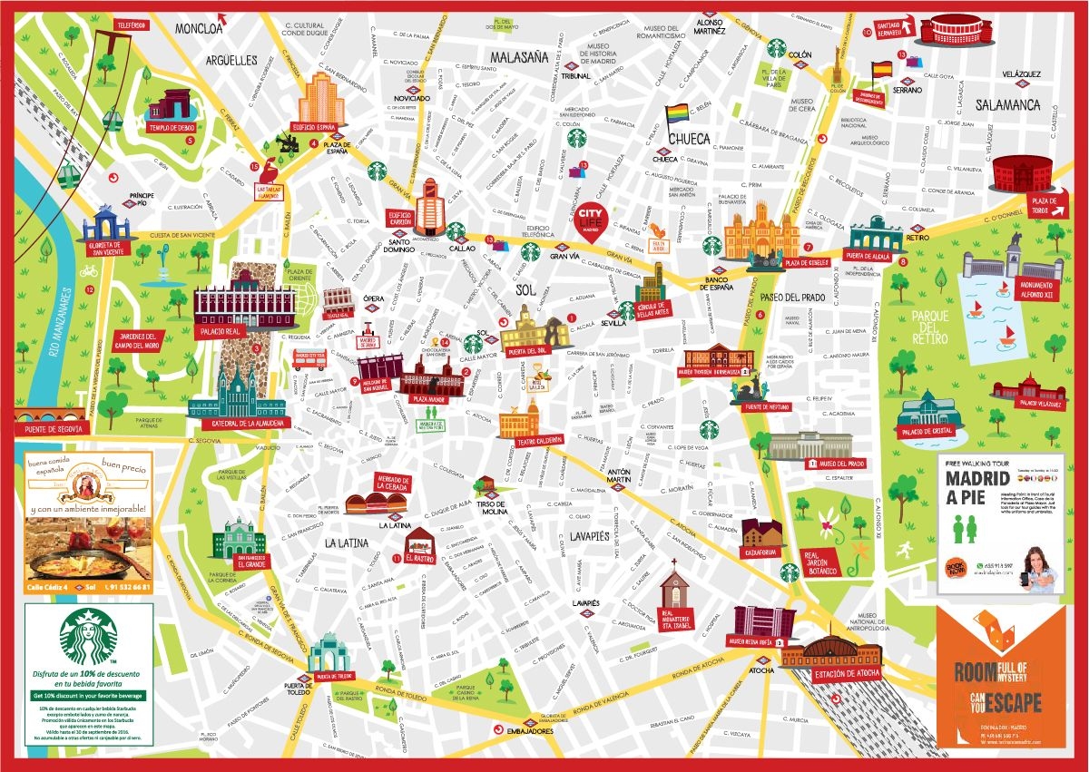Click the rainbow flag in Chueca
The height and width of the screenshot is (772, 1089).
[x=678, y=116]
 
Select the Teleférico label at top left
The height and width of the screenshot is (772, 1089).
[x=131, y=24]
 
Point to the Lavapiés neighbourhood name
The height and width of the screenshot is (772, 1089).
[x=590, y=536]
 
